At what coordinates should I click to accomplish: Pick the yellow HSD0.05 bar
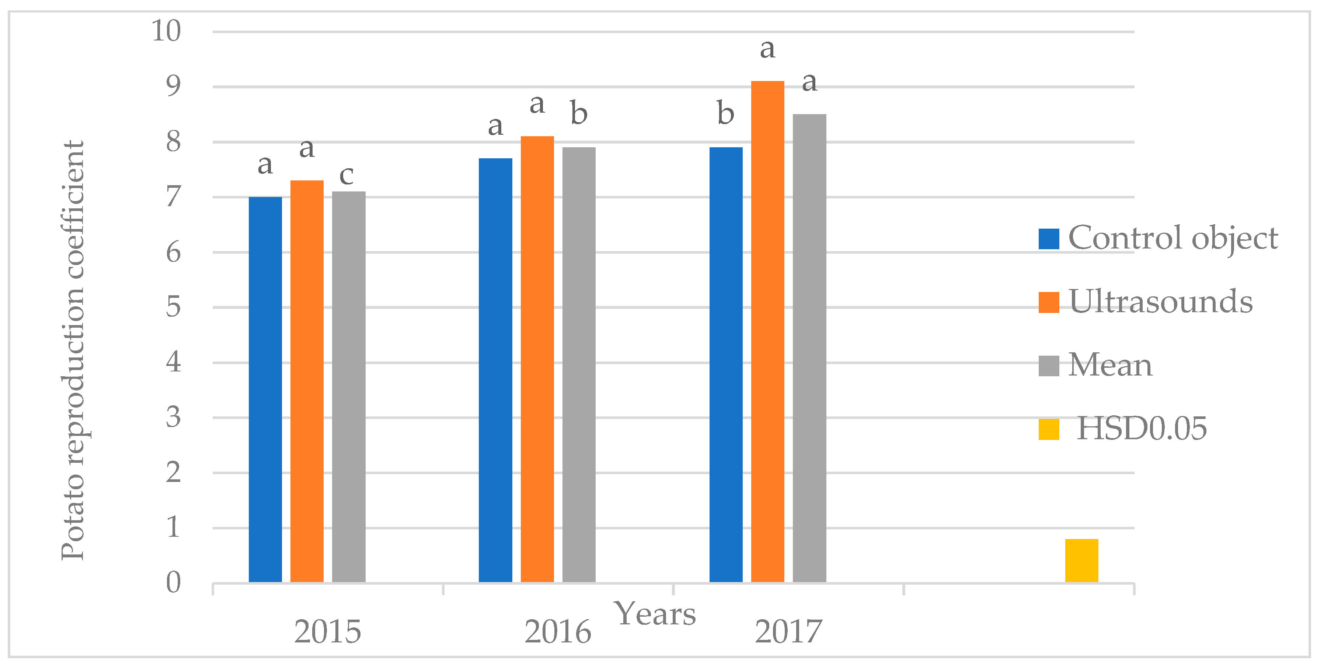(1081, 560)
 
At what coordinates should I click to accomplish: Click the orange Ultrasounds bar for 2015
(307, 381)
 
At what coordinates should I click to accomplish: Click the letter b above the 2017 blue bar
(725, 113)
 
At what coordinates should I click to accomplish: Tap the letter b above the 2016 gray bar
(579, 113)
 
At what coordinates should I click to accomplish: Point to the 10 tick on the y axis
(166, 31)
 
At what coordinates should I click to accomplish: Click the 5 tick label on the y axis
(173, 307)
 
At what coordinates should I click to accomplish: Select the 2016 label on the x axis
(557, 632)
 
